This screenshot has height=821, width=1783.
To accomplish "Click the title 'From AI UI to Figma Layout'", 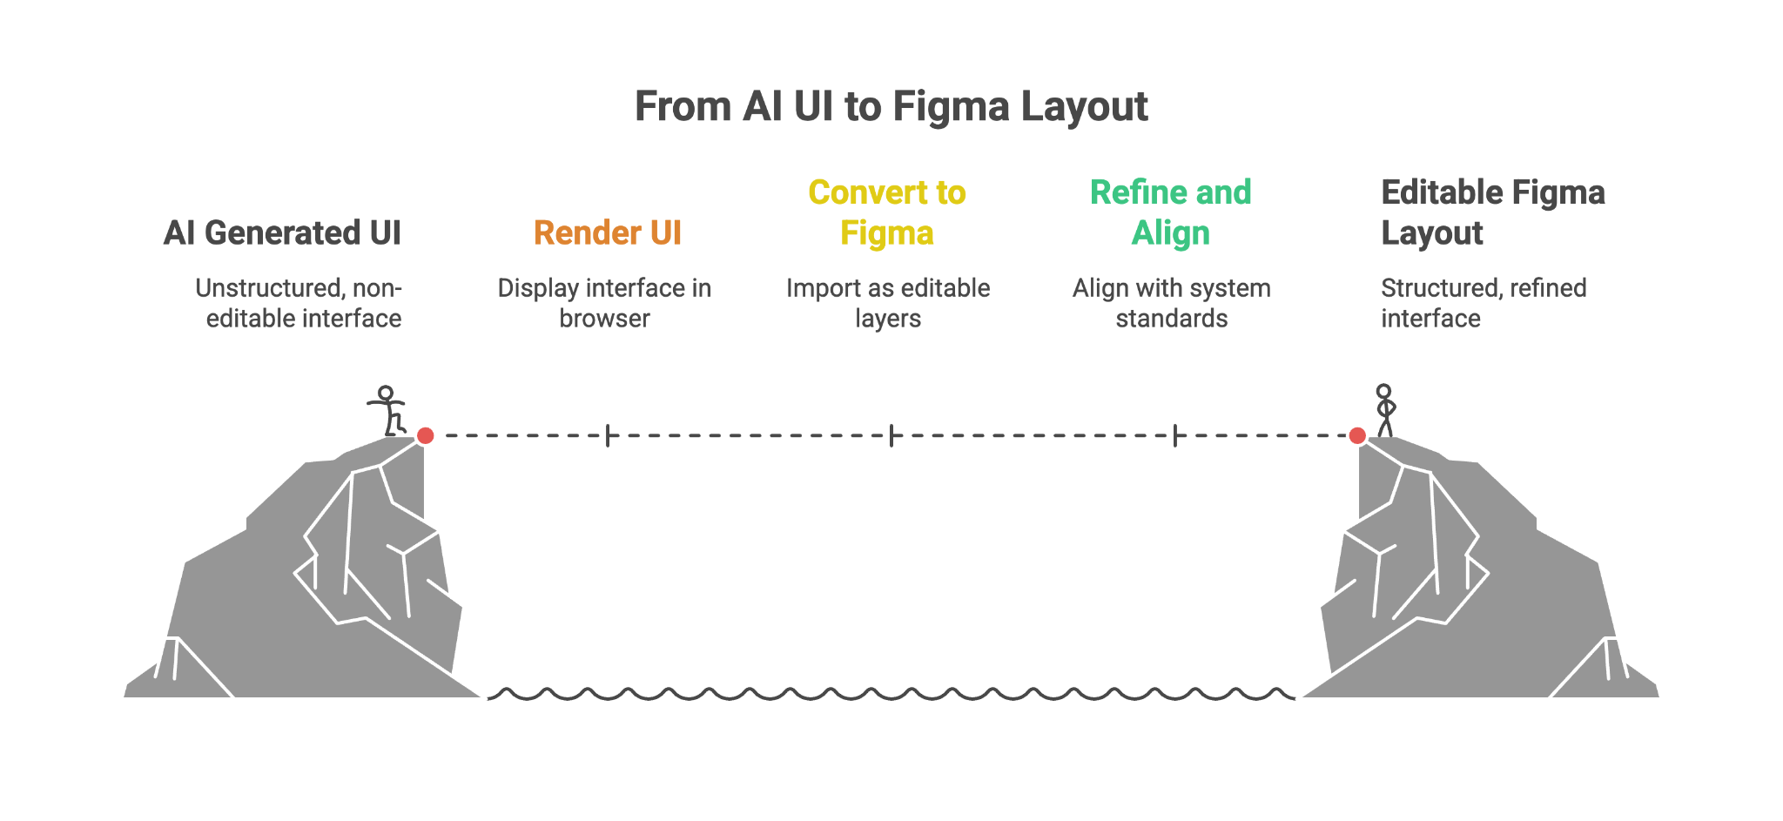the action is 891,107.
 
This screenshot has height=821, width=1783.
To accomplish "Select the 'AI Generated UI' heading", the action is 282,233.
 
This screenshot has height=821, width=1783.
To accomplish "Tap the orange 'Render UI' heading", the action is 607,233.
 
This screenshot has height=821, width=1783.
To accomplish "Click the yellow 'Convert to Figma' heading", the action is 887,212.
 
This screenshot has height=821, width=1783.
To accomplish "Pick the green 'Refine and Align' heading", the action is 1171,212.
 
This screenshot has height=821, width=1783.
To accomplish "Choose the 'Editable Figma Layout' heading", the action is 1493,212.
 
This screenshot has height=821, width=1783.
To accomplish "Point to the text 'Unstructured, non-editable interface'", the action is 299,303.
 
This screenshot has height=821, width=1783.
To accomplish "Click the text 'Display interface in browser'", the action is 604,303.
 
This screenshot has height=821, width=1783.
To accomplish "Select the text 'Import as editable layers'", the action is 888,303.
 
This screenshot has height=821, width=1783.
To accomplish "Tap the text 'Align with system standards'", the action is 1172,303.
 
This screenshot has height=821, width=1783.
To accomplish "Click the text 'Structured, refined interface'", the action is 1484,303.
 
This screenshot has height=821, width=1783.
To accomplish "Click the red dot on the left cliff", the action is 425,435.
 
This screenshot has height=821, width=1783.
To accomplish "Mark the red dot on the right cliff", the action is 1357,435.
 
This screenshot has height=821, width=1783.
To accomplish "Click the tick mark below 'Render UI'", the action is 607,435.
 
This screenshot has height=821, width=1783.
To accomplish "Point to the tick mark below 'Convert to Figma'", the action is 891,435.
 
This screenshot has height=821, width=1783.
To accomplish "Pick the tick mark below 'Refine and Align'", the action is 1175,435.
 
